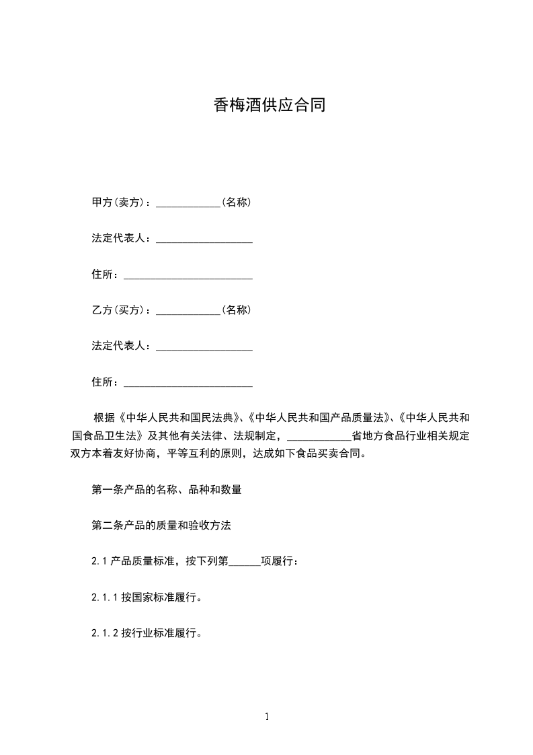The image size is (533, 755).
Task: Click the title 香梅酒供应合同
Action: [270, 106]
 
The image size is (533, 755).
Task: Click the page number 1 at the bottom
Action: [267, 717]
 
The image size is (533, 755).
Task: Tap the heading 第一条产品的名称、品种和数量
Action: [167, 490]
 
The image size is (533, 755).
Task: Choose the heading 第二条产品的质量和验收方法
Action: [161, 526]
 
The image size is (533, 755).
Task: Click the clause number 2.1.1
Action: [104, 597]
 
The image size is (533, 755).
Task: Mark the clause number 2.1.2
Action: [104, 633]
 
